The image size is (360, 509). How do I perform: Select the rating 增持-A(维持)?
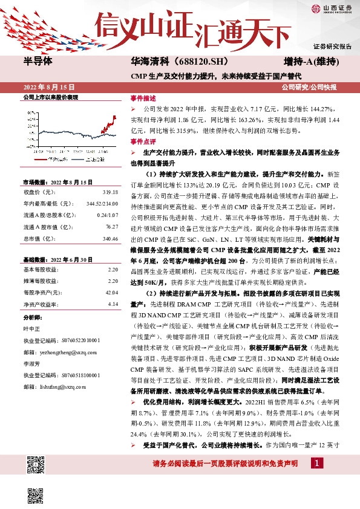point(310,62)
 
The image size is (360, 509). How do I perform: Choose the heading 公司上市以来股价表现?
point(51,97)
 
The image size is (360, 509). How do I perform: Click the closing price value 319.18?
point(111,192)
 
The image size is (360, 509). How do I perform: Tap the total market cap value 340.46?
point(110,238)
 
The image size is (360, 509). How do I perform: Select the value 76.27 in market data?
point(112,227)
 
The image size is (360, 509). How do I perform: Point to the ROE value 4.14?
point(113,304)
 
